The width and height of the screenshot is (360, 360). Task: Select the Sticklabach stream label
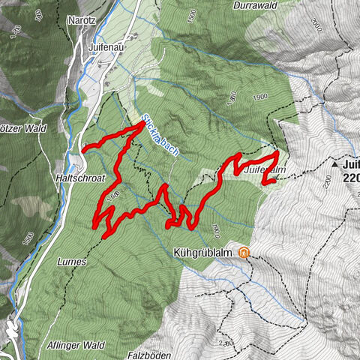[160, 134]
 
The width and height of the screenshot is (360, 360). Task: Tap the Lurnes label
[72, 262]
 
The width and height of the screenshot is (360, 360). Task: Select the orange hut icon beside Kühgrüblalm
[244, 253]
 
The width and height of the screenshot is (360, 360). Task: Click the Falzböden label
[150, 355]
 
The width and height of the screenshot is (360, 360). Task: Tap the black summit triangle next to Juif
[331, 163]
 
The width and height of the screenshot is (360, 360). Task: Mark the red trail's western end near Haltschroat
[83, 148]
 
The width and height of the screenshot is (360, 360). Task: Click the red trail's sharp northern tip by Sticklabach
[142, 125]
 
